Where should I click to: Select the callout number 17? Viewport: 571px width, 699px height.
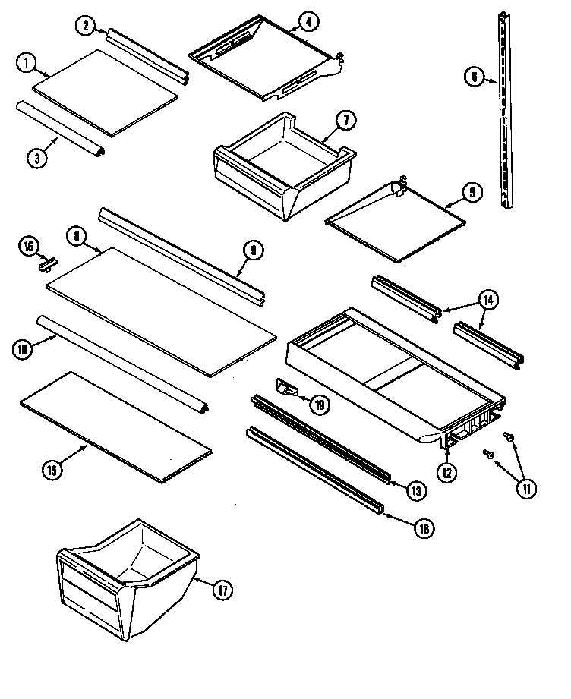pos(221,590)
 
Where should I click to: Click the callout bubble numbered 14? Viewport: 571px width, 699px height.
pos(488,300)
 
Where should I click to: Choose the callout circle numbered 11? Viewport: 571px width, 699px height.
pos(525,489)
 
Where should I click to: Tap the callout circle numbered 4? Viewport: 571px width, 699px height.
pos(308,22)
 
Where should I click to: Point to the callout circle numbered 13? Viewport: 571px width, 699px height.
pos(415,492)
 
